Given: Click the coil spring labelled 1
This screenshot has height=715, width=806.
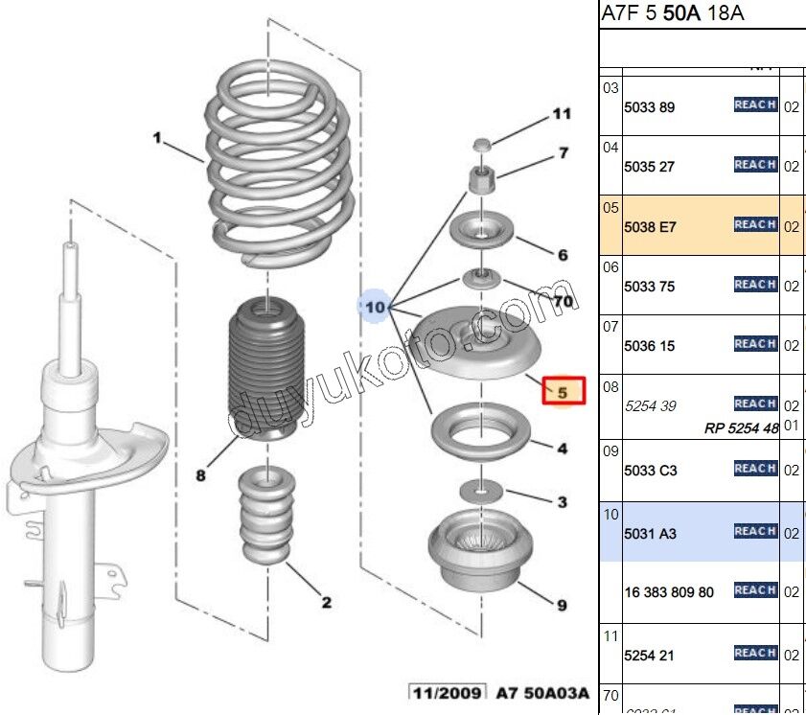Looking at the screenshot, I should click(x=273, y=163).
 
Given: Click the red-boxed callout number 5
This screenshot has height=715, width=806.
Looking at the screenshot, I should click(x=563, y=391).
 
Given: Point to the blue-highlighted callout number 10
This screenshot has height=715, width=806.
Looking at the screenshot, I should click(x=374, y=307).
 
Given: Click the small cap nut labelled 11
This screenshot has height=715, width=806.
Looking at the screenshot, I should click(x=483, y=144).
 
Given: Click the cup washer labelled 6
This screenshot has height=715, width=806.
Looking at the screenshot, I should click(x=481, y=231).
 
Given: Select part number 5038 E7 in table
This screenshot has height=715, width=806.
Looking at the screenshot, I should click(x=650, y=227).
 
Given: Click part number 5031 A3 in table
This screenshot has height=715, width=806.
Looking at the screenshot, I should click(x=650, y=533).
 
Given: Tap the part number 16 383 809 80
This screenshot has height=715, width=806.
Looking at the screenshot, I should click(x=668, y=592).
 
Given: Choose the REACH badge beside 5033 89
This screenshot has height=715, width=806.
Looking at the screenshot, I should click(x=755, y=104).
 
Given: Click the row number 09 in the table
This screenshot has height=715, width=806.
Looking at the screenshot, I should click(x=610, y=450).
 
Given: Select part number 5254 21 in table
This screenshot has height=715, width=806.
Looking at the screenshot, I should click(x=648, y=656).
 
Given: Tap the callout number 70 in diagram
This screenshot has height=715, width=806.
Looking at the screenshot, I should click(x=564, y=301).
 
